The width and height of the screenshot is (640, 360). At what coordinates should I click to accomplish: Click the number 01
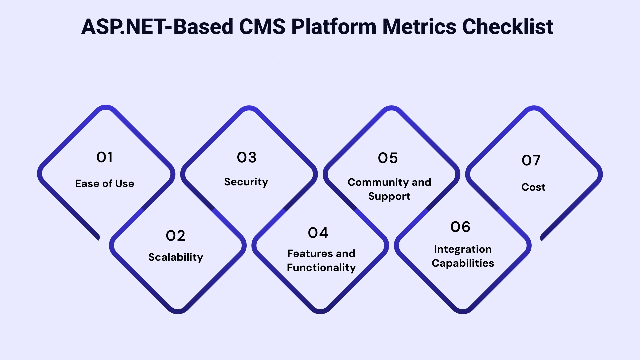[x=104, y=157]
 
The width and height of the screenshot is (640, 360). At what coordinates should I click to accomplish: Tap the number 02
[x=175, y=236]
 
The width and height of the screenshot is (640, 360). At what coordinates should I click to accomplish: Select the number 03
[x=247, y=158]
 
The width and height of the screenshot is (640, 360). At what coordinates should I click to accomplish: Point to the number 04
[x=318, y=233]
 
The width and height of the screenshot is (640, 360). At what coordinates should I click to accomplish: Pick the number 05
[x=388, y=158]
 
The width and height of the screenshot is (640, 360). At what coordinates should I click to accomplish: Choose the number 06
[x=460, y=227]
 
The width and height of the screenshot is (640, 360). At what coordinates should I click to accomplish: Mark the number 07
[x=531, y=161]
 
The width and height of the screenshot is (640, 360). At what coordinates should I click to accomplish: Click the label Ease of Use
[x=105, y=184]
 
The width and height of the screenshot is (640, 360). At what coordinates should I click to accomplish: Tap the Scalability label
[x=176, y=257]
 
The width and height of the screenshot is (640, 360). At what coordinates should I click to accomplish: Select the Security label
[x=246, y=182]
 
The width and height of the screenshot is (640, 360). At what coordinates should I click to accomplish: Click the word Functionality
[x=321, y=268]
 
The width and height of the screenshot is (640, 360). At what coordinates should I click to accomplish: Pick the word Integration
[x=463, y=249]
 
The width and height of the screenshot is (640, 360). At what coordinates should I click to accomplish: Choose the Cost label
[x=533, y=187]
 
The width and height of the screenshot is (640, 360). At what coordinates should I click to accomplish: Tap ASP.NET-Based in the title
[x=157, y=27]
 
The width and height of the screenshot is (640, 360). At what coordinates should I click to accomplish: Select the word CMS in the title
[x=262, y=27]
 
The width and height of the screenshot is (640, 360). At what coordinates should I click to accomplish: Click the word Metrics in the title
[x=419, y=27]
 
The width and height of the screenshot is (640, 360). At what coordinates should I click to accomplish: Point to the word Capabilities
[x=463, y=263]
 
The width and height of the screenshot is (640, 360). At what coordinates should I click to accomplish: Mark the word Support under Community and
[x=389, y=196]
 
